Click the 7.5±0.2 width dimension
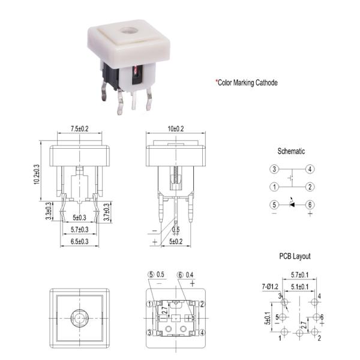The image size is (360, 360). point(80,128)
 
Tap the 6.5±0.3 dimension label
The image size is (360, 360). point(80,241)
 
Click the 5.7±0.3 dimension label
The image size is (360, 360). point(80,229)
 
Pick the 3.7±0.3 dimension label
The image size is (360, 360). point(107,212)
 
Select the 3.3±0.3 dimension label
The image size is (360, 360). point(48,212)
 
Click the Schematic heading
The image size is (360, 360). point(291,151)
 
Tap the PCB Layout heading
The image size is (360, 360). point(295,256)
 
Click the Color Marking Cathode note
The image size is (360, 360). point(247,82)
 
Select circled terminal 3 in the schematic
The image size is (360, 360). point(274,169)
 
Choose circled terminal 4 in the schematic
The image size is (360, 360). point(310,169)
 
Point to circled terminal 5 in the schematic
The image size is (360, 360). point(274,205)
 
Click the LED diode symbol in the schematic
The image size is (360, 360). point(292,205)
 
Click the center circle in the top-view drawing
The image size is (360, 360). point(78,316)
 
